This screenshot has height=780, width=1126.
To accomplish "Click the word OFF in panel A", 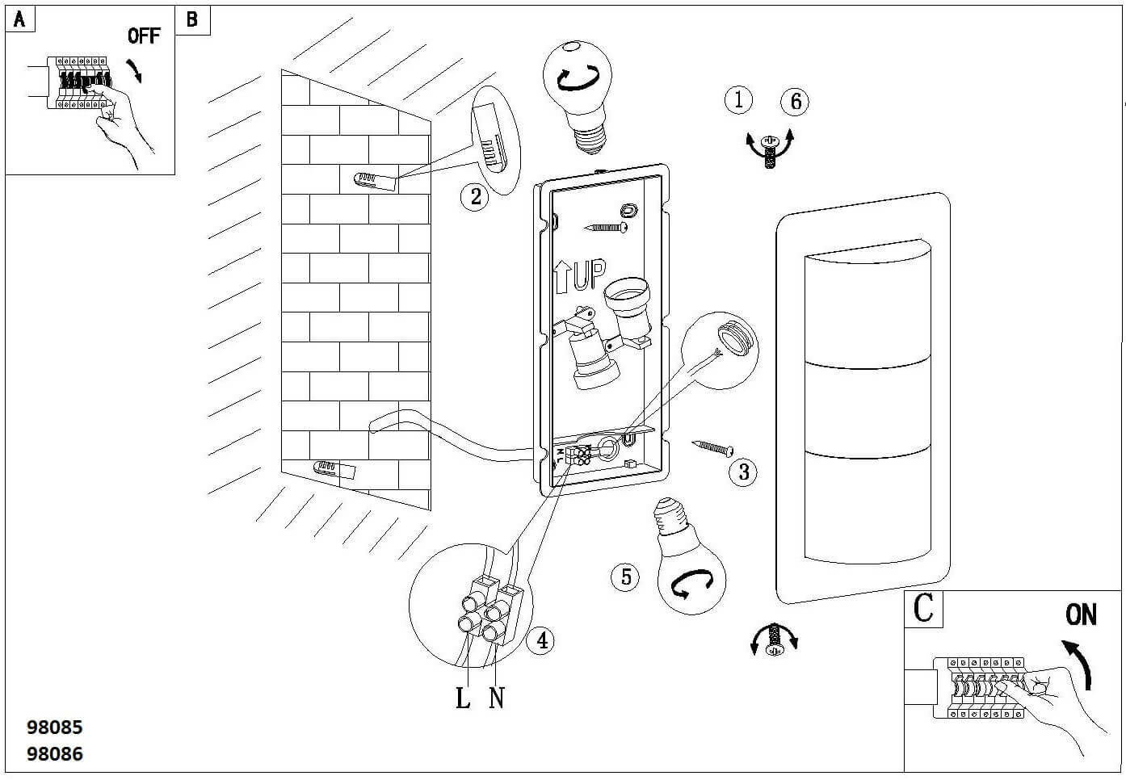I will pos(144,36).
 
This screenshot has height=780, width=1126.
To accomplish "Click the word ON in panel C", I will pos(1081,614).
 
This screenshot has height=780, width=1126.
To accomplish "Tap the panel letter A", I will pos(19,19).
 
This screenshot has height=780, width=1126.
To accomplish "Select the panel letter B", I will pos(192,19).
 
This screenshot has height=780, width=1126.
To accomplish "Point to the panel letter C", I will pos(923,608).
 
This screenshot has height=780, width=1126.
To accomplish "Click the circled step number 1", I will pos(738,99).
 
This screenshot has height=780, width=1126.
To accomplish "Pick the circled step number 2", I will pos(475,196).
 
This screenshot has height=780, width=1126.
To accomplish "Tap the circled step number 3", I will pos(743,471).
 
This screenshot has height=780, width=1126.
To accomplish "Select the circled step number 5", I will pos(625,577).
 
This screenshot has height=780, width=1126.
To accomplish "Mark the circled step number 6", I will pos(796,101).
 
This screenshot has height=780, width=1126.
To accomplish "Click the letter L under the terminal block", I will pos(463,698).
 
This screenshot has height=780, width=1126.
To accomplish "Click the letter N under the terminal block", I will pos(497,698).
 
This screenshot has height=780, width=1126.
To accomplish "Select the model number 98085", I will pos(55,727).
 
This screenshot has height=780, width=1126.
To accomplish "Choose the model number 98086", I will pos(55,754).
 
